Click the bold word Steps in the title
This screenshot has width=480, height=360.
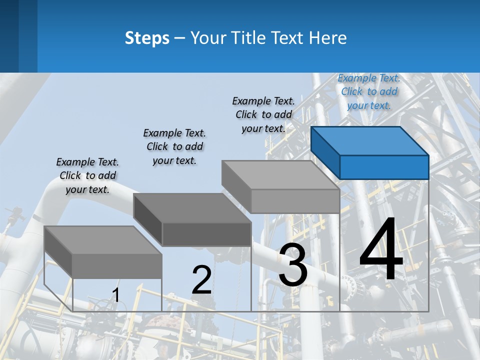pyautogui.click(x=147, y=38)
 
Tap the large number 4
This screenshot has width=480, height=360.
pyautogui.click(x=381, y=249)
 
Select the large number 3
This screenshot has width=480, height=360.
pyautogui.click(x=292, y=265)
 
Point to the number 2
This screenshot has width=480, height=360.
pyautogui.click(x=201, y=280)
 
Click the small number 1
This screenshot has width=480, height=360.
pyautogui.click(x=115, y=295)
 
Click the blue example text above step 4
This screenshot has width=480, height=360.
pyautogui.click(x=369, y=91)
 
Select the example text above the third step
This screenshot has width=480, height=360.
pyautogui.click(x=263, y=114)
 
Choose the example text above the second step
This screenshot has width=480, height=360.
pyautogui.click(x=174, y=146)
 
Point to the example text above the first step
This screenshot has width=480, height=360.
pyautogui.click(x=87, y=175)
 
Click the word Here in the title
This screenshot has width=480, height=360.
pyautogui.click(x=328, y=38)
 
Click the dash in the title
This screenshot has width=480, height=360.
pyautogui.click(x=179, y=38)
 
